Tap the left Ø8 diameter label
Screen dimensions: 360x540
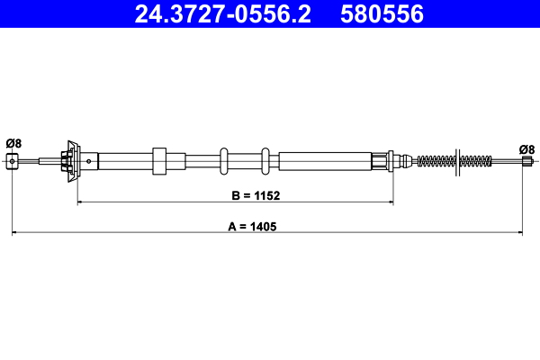coord(13,142)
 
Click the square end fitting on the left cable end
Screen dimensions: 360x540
coord(13,161)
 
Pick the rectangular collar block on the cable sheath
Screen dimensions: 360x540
coord(160,161)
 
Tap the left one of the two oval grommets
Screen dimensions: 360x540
coord(224,161)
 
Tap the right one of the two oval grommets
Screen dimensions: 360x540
coord(265,161)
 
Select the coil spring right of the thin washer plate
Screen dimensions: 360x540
coord(476,162)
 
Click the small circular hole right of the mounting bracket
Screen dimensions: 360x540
coord(89,161)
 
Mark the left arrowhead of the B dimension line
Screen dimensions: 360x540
coord(81,203)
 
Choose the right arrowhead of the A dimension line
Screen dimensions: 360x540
coord(523,235)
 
